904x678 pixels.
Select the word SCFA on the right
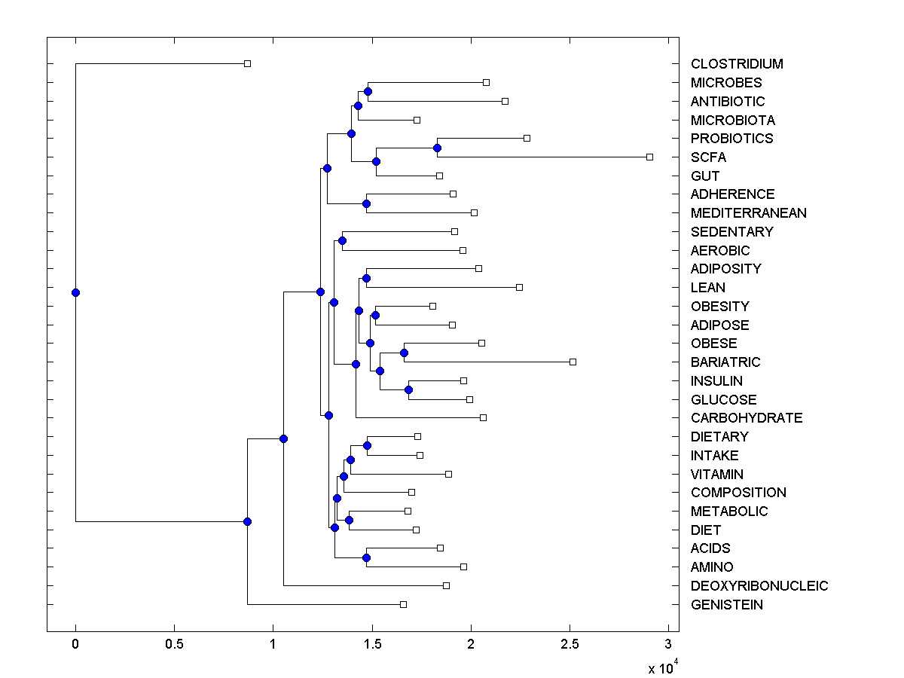pyautogui.click(x=708, y=157)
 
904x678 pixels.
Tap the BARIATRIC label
pyautogui.click(x=725, y=362)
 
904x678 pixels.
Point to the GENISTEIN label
pyautogui.click(x=726, y=605)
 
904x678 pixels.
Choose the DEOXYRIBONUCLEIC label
pyautogui.click(x=759, y=586)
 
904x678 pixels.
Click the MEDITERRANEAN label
pyautogui.click(x=748, y=213)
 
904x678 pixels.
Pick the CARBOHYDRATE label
pyautogui.click(x=747, y=418)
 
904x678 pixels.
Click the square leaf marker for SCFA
pyautogui.click(x=649, y=157)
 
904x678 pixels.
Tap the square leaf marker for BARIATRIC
pyautogui.click(x=573, y=362)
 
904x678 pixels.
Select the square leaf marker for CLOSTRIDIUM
pyautogui.click(x=247, y=63)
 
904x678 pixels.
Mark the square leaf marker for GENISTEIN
pyautogui.click(x=403, y=604)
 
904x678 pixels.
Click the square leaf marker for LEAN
pyautogui.click(x=519, y=287)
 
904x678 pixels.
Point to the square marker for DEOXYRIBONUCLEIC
pyautogui.click(x=446, y=585)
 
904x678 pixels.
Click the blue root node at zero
pyautogui.click(x=75, y=292)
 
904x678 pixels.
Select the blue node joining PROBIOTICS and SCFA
pyautogui.click(x=437, y=148)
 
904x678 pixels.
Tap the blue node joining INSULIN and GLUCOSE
pyautogui.click(x=409, y=389)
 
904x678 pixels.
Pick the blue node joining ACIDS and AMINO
pyautogui.click(x=366, y=557)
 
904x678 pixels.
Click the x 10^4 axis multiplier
pyautogui.click(x=663, y=667)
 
